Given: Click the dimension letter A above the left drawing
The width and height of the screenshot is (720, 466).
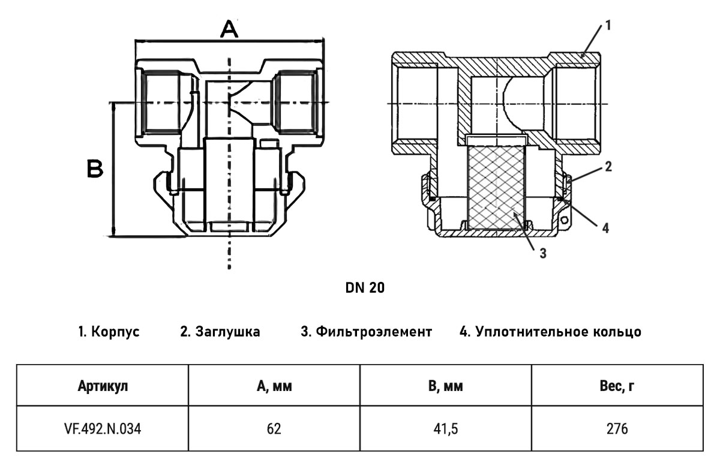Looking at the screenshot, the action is click(x=229, y=29).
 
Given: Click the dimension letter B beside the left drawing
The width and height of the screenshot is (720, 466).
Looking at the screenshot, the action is click(x=95, y=169).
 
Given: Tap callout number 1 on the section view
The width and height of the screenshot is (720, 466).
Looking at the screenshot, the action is click(x=608, y=25).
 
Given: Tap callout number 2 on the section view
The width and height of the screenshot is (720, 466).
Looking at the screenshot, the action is click(x=608, y=167).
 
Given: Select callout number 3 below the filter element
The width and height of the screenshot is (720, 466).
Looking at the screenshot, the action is click(x=543, y=254).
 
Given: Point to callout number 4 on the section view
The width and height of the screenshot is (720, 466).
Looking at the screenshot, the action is click(x=605, y=228).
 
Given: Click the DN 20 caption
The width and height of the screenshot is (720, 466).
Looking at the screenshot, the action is click(x=365, y=288).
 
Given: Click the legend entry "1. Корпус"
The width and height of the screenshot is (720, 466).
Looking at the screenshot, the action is click(x=109, y=332).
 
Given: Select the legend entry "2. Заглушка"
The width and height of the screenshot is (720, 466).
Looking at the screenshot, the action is click(x=220, y=332).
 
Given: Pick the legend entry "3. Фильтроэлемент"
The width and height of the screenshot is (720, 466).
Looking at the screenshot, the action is click(x=367, y=332).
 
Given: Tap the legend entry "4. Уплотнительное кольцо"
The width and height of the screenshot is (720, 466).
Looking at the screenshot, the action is click(x=550, y=332).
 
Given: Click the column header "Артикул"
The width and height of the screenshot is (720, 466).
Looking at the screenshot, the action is click(x=103, y=386).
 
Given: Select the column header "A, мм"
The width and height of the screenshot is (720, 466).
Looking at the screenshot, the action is click(x=274, y=386).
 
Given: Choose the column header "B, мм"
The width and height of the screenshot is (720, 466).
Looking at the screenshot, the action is click(x=445, y=386).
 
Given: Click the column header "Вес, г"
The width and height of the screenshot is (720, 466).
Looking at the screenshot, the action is click(x=617, y=386).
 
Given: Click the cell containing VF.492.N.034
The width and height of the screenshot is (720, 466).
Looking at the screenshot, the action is click(x=103, y=429).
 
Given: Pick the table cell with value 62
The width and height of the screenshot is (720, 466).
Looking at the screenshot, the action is click(x=274, y=429).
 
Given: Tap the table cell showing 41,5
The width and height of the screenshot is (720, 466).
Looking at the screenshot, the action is click(x=445, y=429).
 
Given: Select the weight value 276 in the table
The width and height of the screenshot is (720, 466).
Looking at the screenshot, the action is click(x=617, y=429).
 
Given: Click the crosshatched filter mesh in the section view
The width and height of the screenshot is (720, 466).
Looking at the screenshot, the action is click(x=496, y=188).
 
